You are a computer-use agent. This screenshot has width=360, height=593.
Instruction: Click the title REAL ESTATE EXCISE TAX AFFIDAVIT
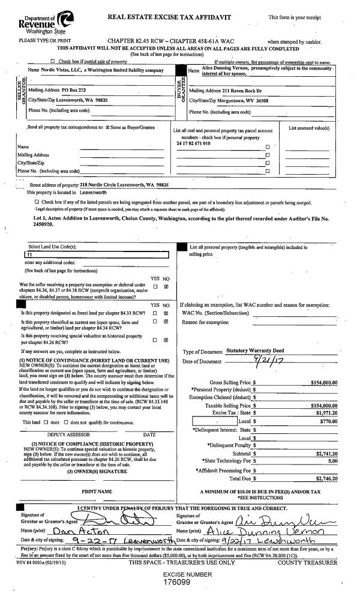tap(169, 17)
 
